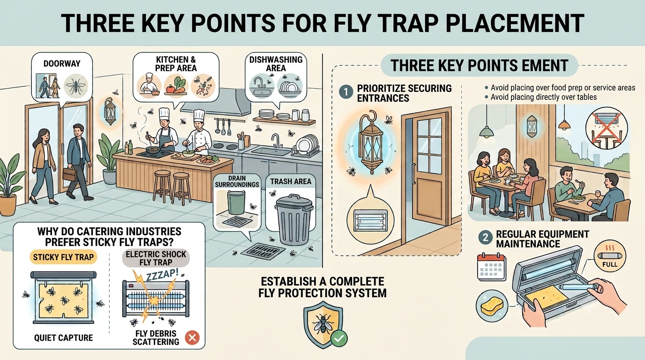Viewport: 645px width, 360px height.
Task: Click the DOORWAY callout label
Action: pos(62,64)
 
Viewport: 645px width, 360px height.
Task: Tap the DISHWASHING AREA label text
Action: pos(276,64)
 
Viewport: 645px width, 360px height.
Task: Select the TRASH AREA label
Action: pos(291,181)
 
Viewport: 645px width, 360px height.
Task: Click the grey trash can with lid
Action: pos(294,219)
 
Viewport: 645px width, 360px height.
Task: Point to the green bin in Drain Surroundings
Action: pos(236,203)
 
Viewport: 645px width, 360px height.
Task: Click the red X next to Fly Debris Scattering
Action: pos(192,337)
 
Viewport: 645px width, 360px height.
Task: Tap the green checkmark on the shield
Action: pos(338,338)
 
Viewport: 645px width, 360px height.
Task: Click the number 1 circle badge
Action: pos(346,92)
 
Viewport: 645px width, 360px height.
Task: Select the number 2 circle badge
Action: pos(486,238)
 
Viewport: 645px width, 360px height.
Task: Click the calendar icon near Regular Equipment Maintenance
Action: pos(492,267)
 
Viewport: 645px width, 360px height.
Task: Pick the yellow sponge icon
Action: pos(491,305)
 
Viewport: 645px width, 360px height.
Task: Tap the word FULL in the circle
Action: pos(609,264)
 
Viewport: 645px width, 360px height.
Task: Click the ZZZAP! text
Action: pos(162,274)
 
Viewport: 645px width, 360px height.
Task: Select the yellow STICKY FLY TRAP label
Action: pos(63,257)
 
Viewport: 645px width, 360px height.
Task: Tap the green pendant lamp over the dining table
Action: pos(487,131)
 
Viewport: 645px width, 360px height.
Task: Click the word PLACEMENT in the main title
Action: pos(516,23)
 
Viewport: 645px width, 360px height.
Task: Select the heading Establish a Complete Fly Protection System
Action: pos(322,287)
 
